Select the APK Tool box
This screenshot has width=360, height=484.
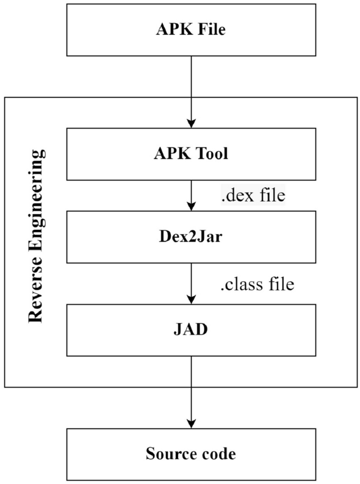191,154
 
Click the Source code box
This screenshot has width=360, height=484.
191,454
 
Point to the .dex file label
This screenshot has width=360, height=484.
251,196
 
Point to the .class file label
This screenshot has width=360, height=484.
256,284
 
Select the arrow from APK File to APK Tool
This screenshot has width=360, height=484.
192,91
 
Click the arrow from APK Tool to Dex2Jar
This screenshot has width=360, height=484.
192,195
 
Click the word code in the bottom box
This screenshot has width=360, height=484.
217,454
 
